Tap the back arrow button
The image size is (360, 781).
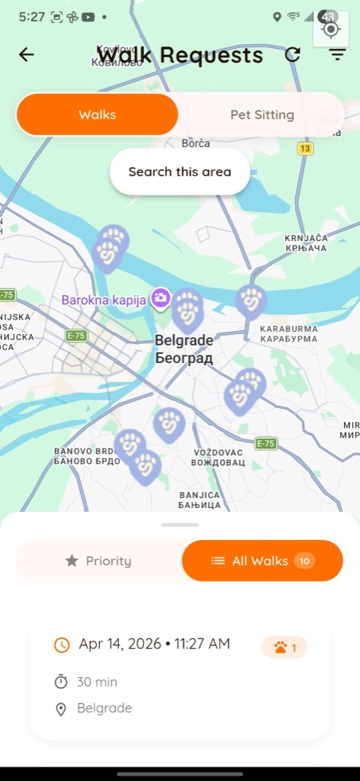[27, 54]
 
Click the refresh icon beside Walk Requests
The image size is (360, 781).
[293, 54]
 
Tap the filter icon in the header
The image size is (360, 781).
[337, 54]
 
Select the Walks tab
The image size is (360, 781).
[98, 115]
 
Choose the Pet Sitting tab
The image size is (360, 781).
[262, 115]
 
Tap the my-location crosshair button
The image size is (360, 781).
[331, 30]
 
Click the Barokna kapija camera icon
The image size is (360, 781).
[160, 297]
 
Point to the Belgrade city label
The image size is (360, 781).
[184, 349]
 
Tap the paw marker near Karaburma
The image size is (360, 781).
[251, 301]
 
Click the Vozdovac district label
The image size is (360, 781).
[218, 458]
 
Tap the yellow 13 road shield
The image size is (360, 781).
[306, 149]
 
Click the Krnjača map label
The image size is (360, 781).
[305, 243]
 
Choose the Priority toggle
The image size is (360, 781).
[98, 561]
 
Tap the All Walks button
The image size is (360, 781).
[260, 561]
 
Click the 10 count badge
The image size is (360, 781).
[304, 561]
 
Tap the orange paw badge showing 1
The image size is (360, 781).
[284, 648]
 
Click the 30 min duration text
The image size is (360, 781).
[97, 682]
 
